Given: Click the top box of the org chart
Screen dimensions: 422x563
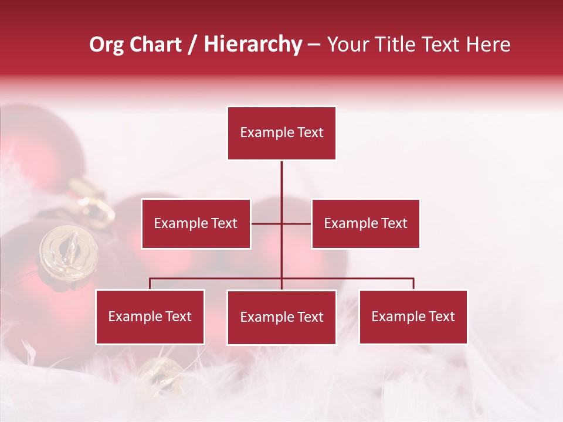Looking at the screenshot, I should pyautogui.click(x=281, y=133).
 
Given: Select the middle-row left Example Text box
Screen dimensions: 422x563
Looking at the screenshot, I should pyautogui.click(x=196, y=223).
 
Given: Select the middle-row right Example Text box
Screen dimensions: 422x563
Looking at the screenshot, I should pyautogui.click(x=365, y=223).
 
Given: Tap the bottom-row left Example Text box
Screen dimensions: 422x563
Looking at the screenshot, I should pyautogui.click(x=150, y=316).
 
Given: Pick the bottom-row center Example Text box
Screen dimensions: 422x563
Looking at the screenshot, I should pyautogui.click(x=281, y=317).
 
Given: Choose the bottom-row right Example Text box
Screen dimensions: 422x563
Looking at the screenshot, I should pyautogui.click(x=413, y=316).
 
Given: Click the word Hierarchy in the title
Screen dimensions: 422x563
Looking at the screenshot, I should pyautogui.click(x=252, y=45).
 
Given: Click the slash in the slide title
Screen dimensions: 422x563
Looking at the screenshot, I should pyautogui.click(x=192, y=45).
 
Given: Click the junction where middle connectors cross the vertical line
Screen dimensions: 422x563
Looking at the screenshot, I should pyautogui.click(x=281, y=223).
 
